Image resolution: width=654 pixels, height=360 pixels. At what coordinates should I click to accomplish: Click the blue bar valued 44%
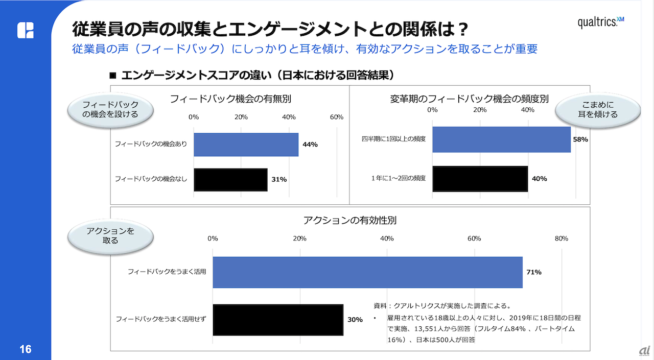[x=246, y=145]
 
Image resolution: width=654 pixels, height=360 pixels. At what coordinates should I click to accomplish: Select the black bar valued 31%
[x=230, y=179]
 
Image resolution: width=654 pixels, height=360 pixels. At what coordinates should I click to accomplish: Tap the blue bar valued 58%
[x=501, y=139]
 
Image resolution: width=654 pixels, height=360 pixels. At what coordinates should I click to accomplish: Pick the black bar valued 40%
[x=480, y=179]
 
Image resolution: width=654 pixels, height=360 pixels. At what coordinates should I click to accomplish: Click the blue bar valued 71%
[x=367, y=272]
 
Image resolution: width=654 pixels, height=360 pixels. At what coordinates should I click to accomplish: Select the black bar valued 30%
[x=277, y=320]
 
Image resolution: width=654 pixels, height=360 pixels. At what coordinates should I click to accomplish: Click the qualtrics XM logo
[x=601, y=22]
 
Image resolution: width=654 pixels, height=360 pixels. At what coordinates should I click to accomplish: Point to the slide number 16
[x=25, y=349]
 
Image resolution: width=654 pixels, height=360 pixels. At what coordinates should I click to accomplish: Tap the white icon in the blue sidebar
[x=26, y=30]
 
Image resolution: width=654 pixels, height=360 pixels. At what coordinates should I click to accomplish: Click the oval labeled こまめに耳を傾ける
[x=597, y=110]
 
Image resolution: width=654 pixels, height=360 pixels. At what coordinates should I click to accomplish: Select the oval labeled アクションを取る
[x=110, y=235]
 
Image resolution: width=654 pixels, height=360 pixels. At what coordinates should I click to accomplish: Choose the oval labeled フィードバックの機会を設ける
[x=110, y=110]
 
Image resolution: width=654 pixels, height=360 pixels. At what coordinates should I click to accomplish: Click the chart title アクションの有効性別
[x=349, y=221]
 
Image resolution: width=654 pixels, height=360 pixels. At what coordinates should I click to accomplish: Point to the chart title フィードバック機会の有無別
[x=230, y=99]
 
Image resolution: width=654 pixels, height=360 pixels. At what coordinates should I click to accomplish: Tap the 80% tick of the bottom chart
[x=562, y=238]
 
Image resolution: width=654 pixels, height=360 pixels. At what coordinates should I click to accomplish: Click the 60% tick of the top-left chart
[x=336, y=117]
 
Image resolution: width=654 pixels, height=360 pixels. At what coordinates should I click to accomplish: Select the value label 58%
[x=580, y=139]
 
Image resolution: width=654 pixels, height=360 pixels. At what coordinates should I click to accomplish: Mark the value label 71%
[x=533, y=272]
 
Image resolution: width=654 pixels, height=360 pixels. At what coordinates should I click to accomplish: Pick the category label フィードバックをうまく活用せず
[x=161, y=320]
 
